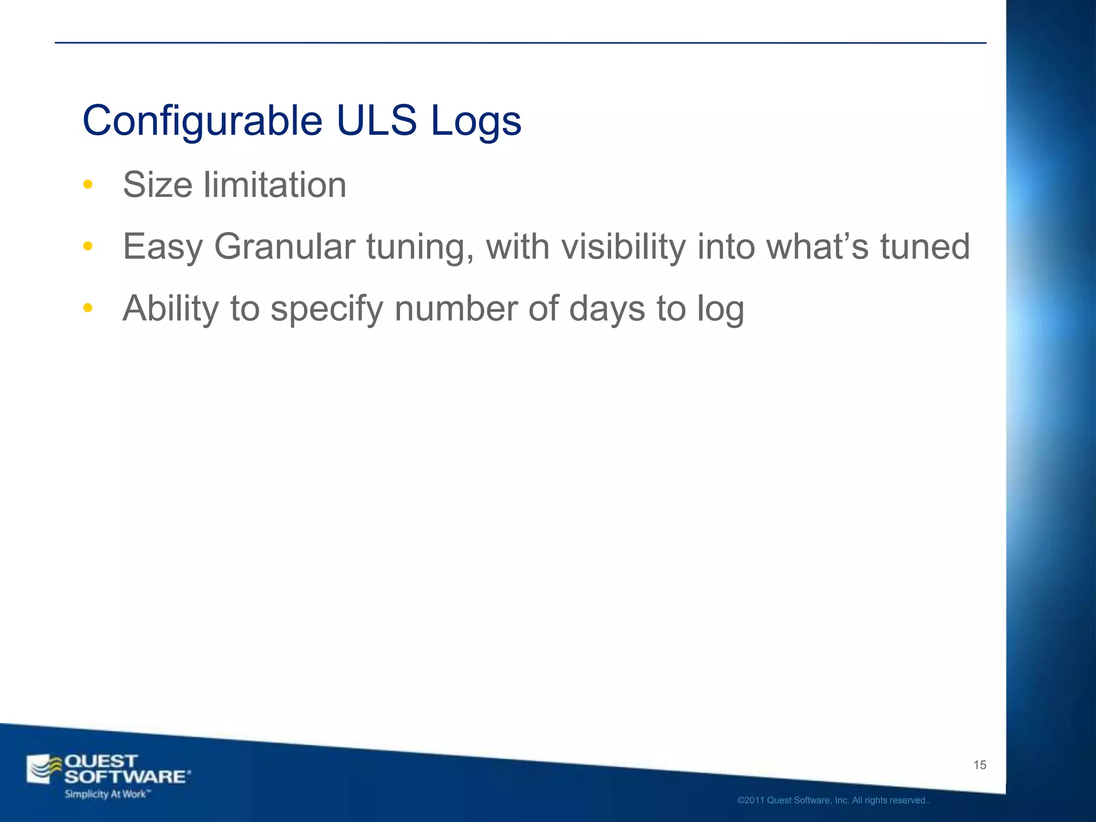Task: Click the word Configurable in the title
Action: click(202, 121)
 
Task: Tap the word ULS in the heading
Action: click(376, 121)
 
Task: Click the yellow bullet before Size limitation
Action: click(88, 185)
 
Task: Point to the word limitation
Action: click(275, 185)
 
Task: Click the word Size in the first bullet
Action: click(158, 185)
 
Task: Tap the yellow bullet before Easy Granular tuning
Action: click(88, 246)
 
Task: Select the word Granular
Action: click(285, 246)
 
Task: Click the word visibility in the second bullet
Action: click(623, 246)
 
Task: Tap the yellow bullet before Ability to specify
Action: click(88, 308)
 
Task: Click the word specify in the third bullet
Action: click(327, 309)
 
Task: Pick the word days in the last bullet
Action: click(607, 309)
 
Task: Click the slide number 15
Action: click(979, 765)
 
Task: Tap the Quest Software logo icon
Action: click(44, 770)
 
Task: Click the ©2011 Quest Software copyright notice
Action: click(833, 801)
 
